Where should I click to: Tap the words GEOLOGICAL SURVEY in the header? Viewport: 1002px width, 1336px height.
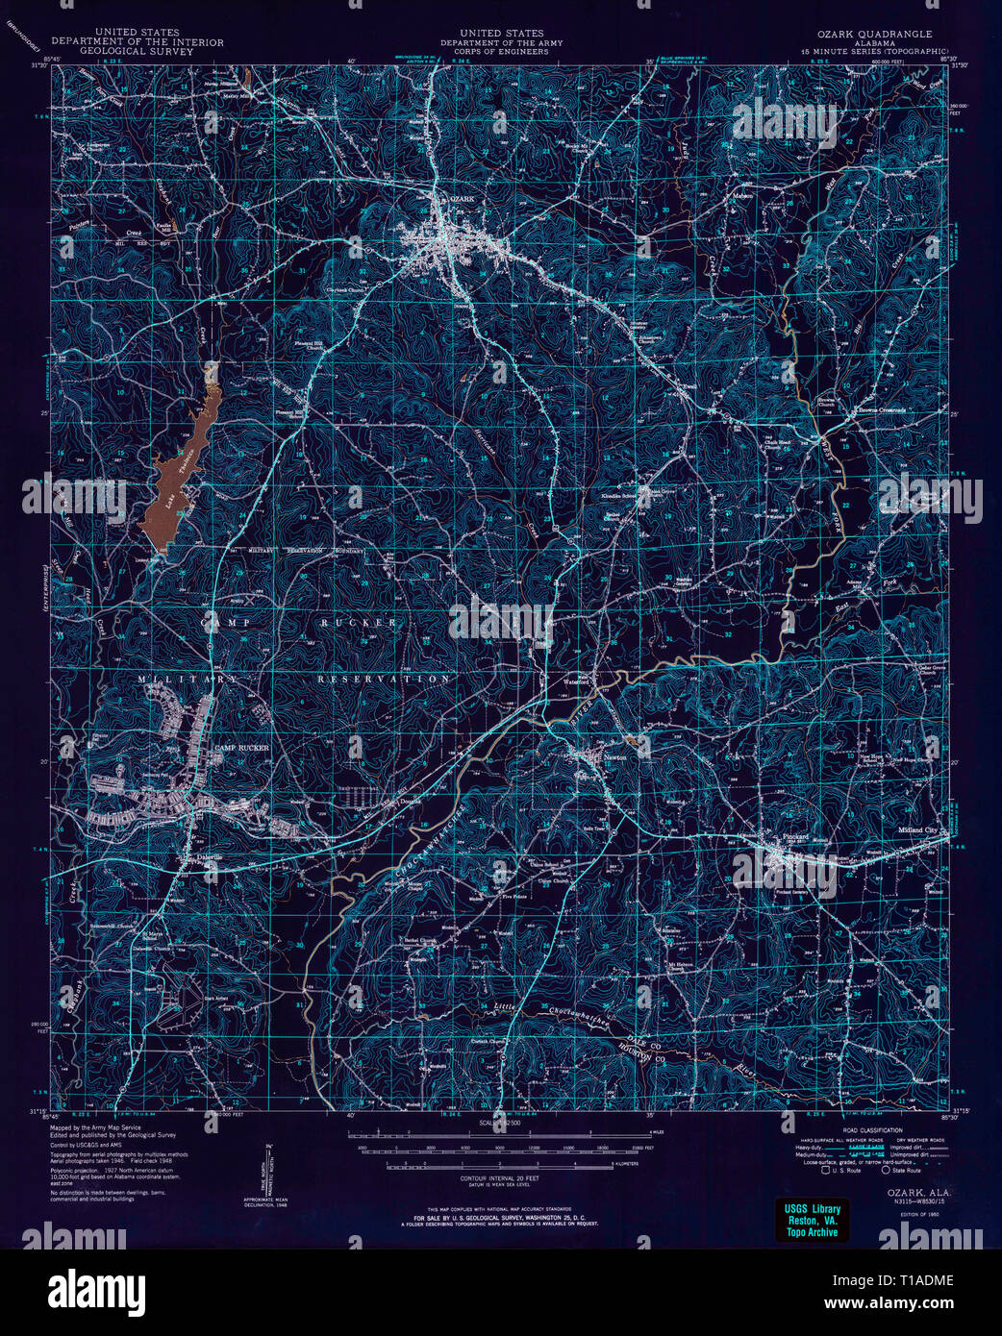137,51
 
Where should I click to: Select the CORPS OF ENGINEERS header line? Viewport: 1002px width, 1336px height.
501,51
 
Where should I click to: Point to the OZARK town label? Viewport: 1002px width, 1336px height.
462,199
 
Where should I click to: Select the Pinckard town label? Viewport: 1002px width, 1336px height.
795,837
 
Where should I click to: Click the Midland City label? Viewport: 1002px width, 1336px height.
916,829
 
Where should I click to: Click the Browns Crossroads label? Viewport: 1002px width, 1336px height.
881,410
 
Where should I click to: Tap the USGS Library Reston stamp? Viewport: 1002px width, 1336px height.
813,1220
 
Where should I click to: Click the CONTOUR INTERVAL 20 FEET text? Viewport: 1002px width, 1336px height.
499,1177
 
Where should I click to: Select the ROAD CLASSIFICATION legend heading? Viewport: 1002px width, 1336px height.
871,1130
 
